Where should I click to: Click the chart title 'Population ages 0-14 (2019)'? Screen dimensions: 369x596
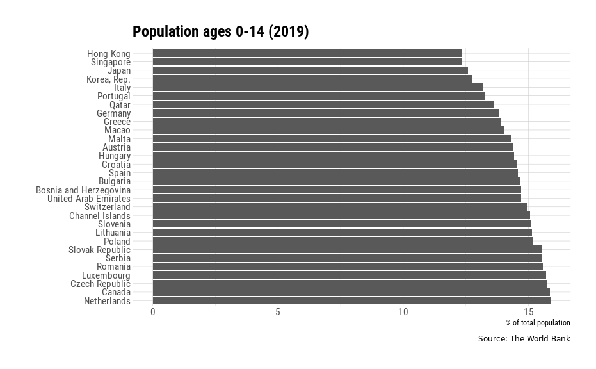point(220,32)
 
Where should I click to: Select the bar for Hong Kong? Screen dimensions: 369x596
point(307,53)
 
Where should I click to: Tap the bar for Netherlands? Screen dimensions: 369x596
point(351,301)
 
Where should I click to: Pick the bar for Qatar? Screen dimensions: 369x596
point(323,104)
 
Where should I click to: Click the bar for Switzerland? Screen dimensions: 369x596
point(339,207)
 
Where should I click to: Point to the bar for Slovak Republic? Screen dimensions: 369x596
point(346,250)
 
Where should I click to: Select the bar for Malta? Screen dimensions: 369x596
point(332,139)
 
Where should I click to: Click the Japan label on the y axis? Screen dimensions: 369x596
point(118,70)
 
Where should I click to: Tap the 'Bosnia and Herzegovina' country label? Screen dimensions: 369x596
point(83,190)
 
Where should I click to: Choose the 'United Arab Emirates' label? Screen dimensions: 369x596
point(88,199)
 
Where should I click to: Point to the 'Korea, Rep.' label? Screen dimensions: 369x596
point(108,79)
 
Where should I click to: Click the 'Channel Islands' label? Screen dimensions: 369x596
point(99,216)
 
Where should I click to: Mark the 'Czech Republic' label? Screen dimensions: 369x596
point(100,284)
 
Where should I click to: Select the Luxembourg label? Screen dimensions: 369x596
point(106,275)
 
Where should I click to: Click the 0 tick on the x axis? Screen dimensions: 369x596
point(152,312)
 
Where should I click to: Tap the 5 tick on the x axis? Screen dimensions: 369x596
point(278,312)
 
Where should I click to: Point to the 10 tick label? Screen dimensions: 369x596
point(403,312)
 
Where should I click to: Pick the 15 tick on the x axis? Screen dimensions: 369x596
point(528,312)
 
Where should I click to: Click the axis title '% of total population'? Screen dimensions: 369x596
point(537,323)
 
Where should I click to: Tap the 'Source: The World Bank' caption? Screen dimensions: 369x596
point(523,339)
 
